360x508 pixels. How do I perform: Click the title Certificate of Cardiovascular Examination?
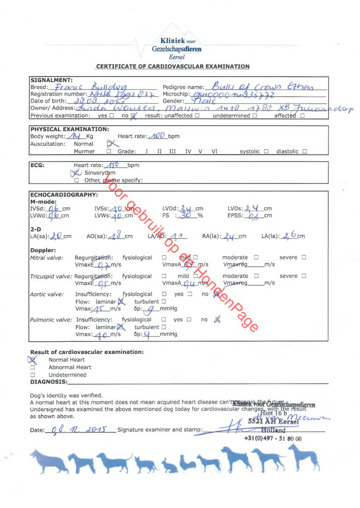click(x=173, y=66)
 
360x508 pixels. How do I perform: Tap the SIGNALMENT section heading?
click(x=51, y=80)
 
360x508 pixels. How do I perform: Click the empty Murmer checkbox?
click(x=109, y=151)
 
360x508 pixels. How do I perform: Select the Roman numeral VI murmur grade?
click(x=214, y=151)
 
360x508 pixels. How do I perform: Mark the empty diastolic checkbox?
click(x=304, y=151)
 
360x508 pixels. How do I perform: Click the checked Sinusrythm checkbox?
click(x=77, y=173)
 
